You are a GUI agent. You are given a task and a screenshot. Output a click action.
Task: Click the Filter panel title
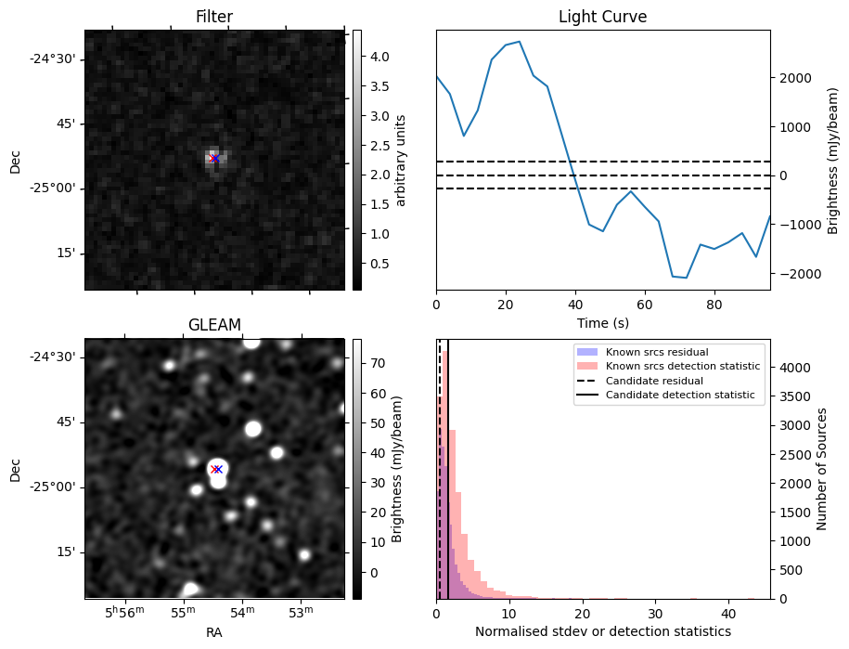(x=214, y=17)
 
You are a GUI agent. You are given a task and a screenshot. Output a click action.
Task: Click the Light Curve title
(x=602, y=17)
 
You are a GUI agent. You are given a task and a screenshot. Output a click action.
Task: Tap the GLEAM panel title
(x=214, y=324)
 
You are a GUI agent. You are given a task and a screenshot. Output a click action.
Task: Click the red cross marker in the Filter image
(x=214, y=158)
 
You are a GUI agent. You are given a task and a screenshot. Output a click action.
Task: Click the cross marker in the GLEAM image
(x=216, y=469)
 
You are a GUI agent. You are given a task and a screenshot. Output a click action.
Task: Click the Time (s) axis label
(x=602, y=321)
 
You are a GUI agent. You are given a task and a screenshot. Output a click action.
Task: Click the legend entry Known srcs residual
(x=656, y=353)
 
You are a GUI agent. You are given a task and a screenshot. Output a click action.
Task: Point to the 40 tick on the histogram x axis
(x=727, y=613)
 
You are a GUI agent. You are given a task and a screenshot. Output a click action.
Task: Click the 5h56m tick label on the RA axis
(x=125, y=613)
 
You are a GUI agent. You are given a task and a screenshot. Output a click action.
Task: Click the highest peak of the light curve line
(x=519, y=42)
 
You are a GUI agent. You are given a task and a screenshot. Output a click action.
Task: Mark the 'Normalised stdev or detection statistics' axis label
(x=602, y=631)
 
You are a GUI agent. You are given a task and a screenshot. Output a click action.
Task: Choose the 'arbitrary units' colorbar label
(x=401, y=160)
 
